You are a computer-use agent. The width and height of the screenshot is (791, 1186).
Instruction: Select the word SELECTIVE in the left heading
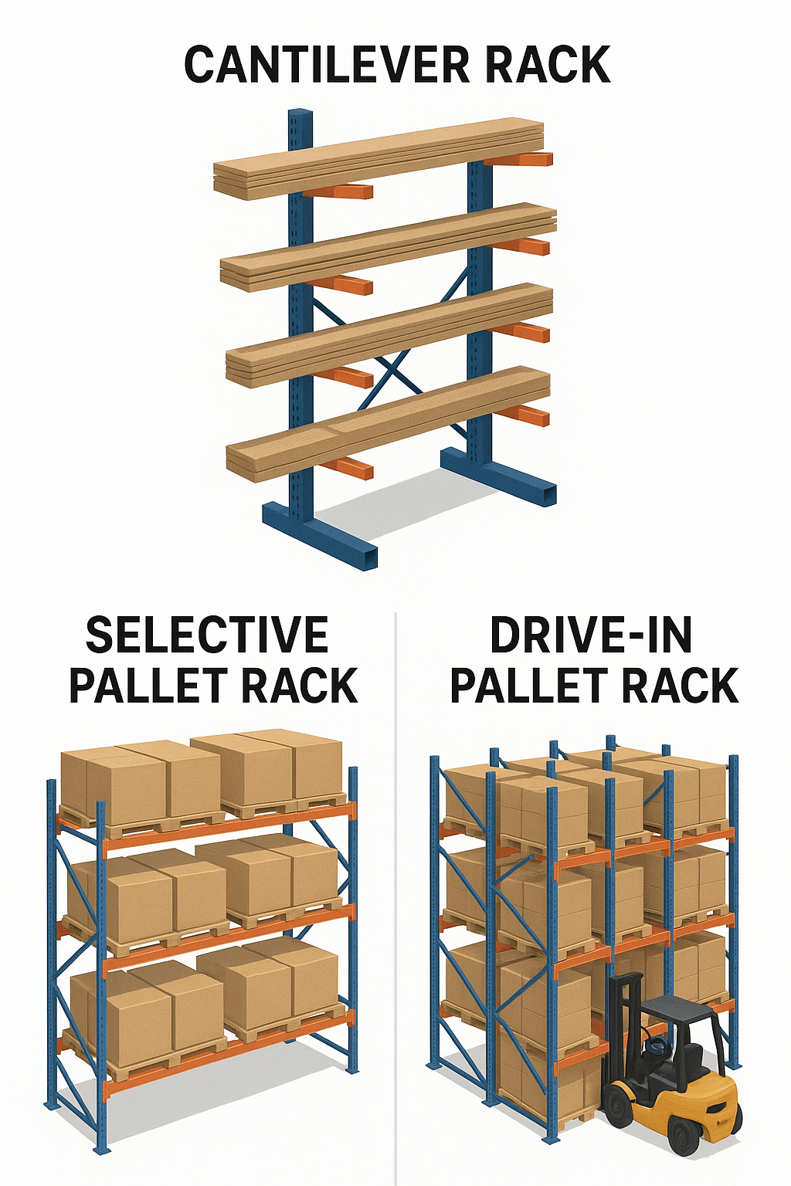[x=207, y=635]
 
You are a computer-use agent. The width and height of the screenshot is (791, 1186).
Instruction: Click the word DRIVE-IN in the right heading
[x=592, y=635]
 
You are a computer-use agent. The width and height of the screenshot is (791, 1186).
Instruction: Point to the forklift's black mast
[x=626, y=1019]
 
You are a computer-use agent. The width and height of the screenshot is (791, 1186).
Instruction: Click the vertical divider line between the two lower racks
[x=395, y=888]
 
